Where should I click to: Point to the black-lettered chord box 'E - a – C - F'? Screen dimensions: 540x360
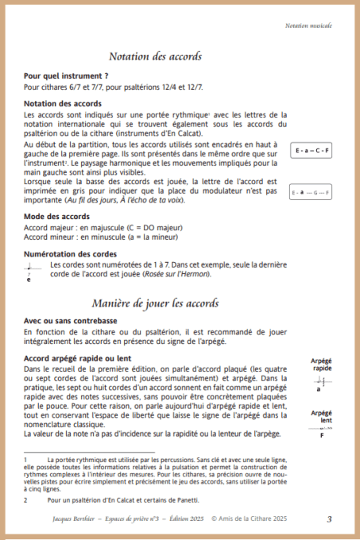tap(312, 150)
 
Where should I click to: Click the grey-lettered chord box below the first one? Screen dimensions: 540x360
tap(312, 193)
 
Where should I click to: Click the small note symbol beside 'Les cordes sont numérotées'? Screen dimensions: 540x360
tap(30, 272)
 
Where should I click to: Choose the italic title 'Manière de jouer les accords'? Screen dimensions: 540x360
tap(166, 303)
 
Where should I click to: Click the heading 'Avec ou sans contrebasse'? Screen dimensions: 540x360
tap(71, 321)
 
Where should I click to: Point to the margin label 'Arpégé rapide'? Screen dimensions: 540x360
tap(321, 364)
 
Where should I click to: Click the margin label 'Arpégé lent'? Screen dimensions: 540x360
tap(321, 416)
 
